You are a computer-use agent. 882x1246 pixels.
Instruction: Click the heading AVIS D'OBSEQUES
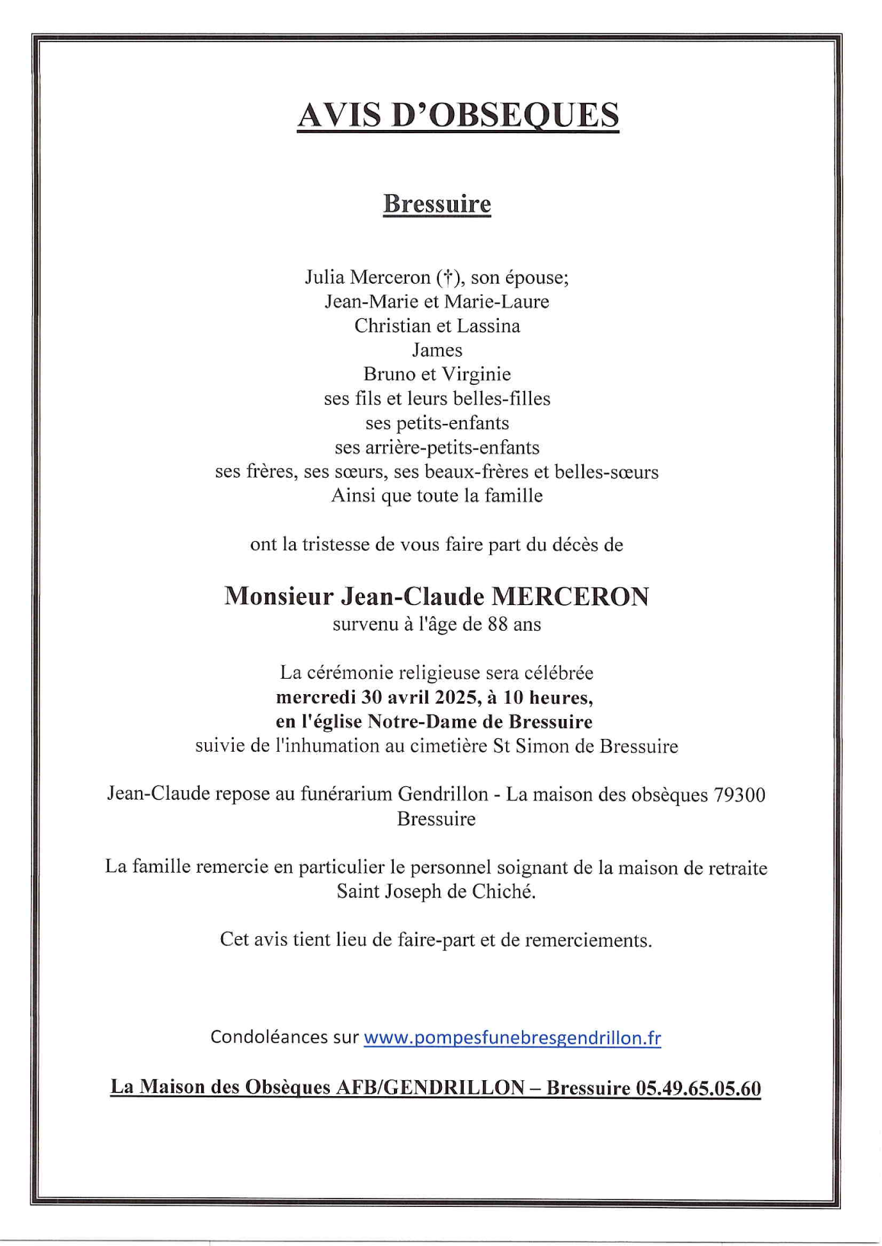458,115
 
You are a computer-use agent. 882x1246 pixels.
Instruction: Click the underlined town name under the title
437,204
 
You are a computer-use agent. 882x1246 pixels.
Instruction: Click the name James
437,350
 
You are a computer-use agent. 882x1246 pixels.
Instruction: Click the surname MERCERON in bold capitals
569,597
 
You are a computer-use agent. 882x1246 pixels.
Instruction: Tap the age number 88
498,624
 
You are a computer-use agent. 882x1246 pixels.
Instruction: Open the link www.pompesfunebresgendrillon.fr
512,1038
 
